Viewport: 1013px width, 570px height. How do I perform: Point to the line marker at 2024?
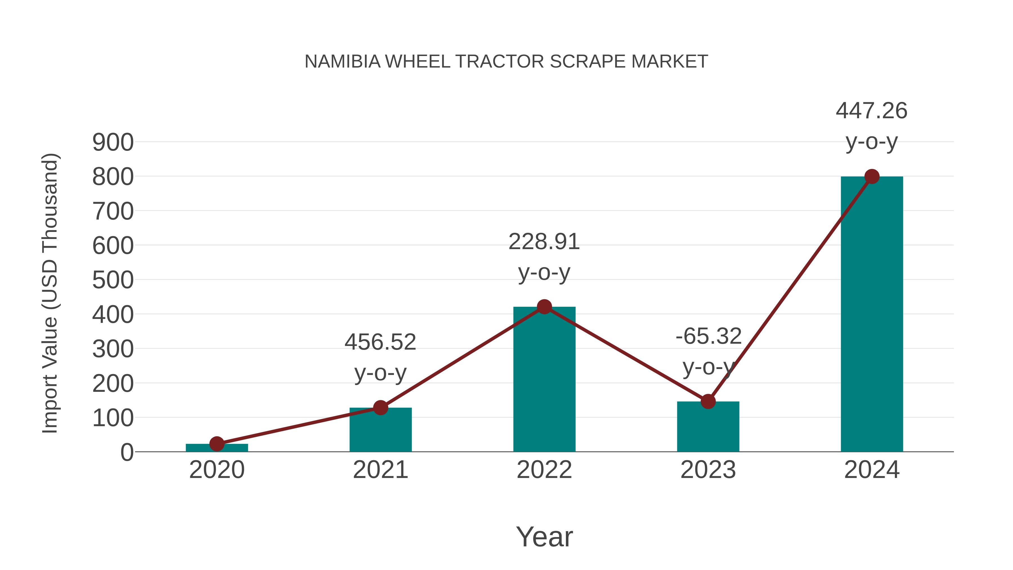tap(872, 176)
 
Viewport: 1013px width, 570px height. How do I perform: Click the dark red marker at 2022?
tap(544, 307)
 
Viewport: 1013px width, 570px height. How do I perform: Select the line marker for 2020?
tap(217, 444)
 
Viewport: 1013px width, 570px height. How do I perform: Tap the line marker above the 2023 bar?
tap(708, 402)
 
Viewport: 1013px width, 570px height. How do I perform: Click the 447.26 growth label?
tap(871, 111)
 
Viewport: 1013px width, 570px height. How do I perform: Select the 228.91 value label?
tap(544, 242)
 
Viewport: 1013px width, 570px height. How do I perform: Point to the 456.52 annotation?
tap(380, 342)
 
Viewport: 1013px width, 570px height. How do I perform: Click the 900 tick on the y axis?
tap(113, 142)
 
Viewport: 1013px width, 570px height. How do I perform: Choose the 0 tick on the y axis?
tap(127, 452)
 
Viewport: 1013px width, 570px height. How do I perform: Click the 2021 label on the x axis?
tap(380, 470)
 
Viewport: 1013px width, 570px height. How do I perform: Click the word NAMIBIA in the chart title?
tap(342, 62)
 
